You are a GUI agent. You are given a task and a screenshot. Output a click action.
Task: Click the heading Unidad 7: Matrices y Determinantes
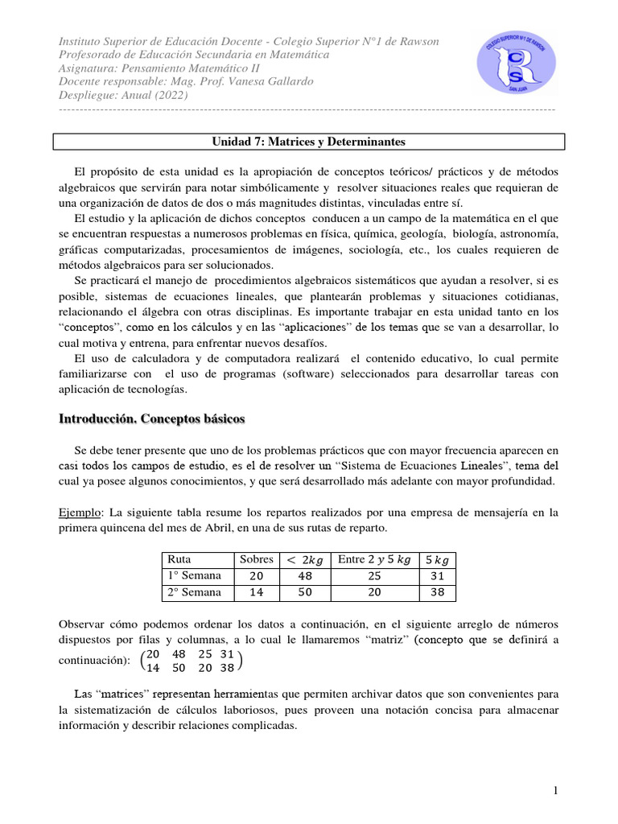[309, 142]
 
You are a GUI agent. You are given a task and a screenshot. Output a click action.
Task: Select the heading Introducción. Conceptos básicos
[153, 419]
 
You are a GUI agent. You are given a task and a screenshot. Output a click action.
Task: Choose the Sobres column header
[257, 559]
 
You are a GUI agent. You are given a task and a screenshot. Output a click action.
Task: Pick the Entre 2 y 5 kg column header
[374, 559]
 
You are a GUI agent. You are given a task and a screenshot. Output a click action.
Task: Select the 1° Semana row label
[193, 575]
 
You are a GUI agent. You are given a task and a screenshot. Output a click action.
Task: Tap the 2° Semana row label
[193, 592]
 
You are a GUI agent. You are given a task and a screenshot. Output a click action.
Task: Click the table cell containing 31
[437, 576]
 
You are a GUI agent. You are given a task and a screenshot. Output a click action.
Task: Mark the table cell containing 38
[437, 593]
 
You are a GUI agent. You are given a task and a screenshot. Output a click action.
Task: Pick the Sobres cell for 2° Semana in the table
[257, 593]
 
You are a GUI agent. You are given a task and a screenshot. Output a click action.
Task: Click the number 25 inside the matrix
[205, 654]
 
